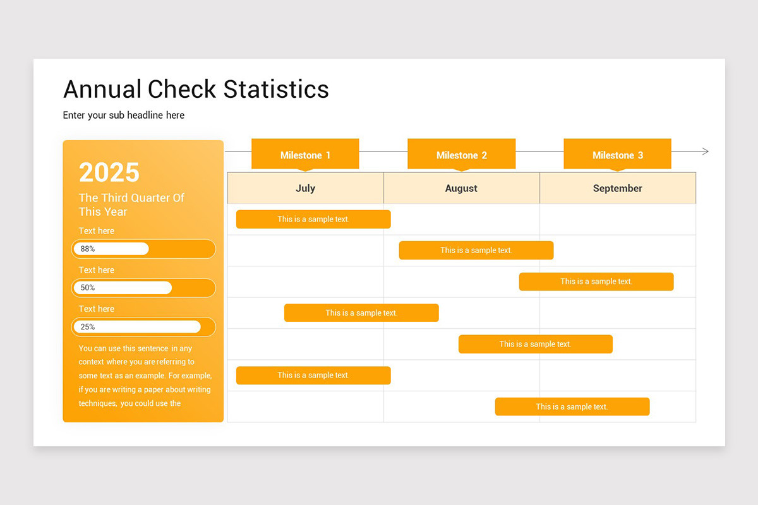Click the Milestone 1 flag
point(305,154)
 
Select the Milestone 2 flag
point(462,154)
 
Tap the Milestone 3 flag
point(618,154)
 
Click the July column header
point(306,188)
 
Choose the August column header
point(462,188)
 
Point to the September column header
point(618,188)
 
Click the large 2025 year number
point(109,172)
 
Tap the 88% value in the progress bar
point(88,249)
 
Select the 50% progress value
point(88,288)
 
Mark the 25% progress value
point(88,327)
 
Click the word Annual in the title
point(102,89)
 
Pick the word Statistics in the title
point(276,89)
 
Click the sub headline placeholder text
point(124,116)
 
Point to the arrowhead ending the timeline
point(706,151)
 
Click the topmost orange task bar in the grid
point(313,219)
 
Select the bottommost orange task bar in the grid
point(572,407)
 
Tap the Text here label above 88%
point(97,231)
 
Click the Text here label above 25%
point(97,309)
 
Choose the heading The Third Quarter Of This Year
point(131,205)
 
